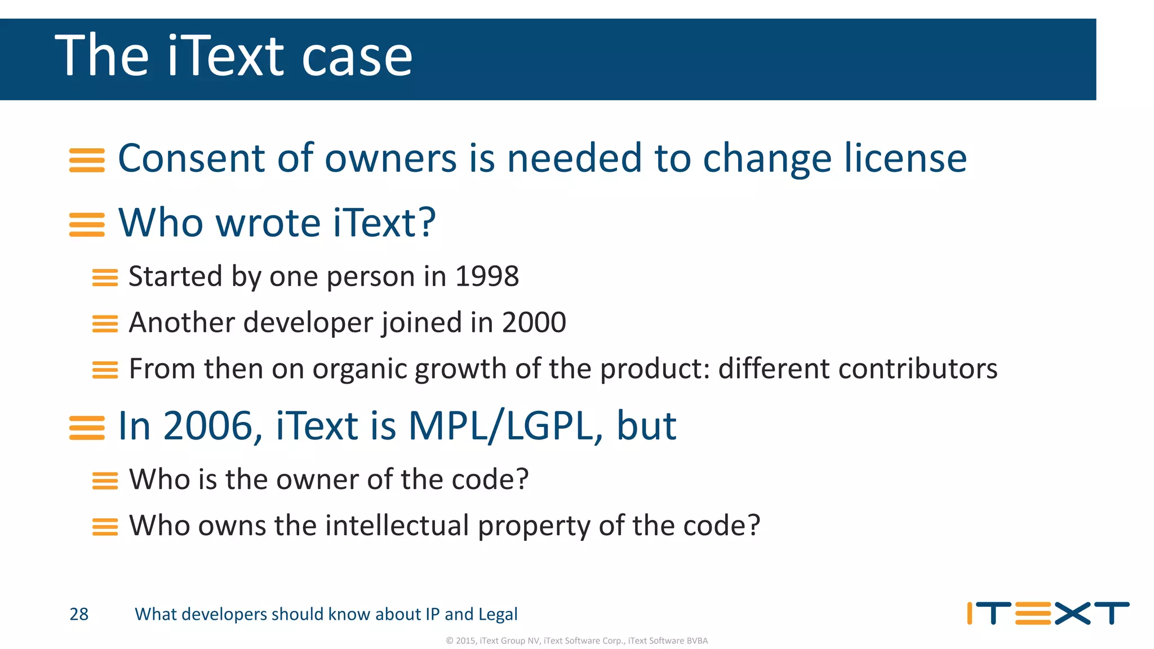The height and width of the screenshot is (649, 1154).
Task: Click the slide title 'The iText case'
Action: tap(233, 56)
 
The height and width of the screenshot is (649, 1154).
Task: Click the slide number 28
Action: tap(79, 614)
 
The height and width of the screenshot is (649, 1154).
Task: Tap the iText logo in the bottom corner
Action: tap(1048, 614)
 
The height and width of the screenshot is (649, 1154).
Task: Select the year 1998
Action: tap(487, 276)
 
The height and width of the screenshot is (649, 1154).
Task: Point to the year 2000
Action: tap(534, 322)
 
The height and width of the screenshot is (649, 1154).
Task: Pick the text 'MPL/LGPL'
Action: tap(500, 426)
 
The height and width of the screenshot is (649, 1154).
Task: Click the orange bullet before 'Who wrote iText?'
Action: tap(87, 225)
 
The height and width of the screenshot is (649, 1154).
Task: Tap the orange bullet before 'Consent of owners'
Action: tap(87, 160)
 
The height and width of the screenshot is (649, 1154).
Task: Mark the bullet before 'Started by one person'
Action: tap(105, 278)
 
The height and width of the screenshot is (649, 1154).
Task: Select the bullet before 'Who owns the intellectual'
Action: tap(105, 527)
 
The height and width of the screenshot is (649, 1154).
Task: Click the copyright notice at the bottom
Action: tap(576, 641)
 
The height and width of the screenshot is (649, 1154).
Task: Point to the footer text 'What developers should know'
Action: tap(326, 614)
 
